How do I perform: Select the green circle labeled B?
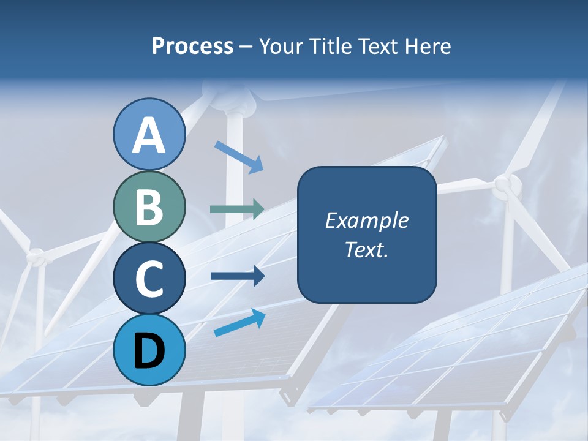click(x=149, y=206)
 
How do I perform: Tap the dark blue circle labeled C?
click(x=149, y=277)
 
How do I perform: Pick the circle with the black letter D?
click(x=149, y=350)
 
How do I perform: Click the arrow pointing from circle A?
click(x=239, y=157)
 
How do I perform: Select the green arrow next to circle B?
click(x=237, y=209)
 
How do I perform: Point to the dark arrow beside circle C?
click(x=237, y=276)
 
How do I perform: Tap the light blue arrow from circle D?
click(x=239, y=323)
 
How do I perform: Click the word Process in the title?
click(x=192, y=46)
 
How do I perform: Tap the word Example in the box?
click(x=367, y=221)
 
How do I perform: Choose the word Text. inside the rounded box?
click(x=367, y=249)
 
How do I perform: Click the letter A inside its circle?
click(x=149, y=136)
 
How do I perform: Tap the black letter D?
click(x=149, y=351)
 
